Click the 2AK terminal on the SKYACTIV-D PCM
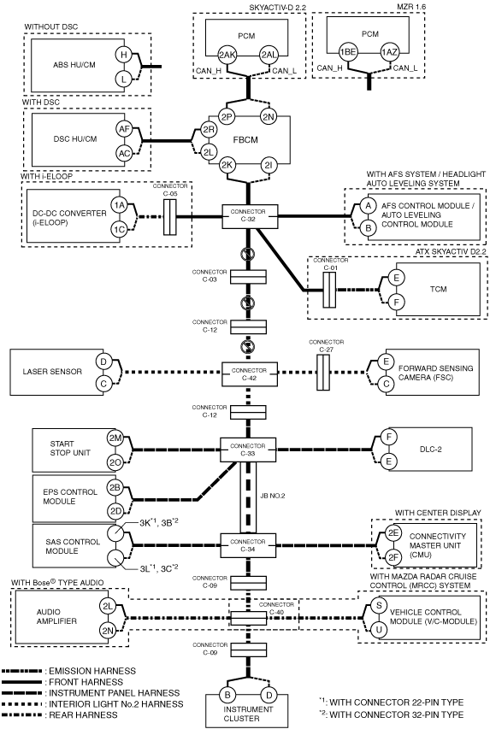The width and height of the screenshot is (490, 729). point(227,55)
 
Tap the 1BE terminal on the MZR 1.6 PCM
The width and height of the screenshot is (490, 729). point(347,52)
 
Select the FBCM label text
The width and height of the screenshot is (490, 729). point(245,140)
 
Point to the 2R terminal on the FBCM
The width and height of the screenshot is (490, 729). point(209,130)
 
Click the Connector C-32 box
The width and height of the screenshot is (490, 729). point(249,217)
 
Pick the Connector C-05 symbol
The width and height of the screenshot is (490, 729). point(170,217)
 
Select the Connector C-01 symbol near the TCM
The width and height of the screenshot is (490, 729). point(329,290)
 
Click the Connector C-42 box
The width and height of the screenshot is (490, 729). point(249,373)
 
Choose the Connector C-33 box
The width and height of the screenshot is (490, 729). point(248,450)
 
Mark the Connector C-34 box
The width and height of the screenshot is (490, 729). point(248,545)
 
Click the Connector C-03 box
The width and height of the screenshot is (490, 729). point(249,277)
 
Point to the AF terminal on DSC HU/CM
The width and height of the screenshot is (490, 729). point(124,129)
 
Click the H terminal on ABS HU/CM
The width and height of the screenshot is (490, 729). point(124,55)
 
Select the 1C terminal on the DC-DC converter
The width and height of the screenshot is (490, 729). point(119,229)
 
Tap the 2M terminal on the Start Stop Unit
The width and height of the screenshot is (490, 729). point(115,438)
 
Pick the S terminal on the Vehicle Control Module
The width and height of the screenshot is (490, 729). point(379,605)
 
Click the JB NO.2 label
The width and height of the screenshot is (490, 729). point(272,496)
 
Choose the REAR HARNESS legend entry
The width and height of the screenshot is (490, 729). point(60,714)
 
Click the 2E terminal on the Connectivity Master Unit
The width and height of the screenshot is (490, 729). point(393,532)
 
